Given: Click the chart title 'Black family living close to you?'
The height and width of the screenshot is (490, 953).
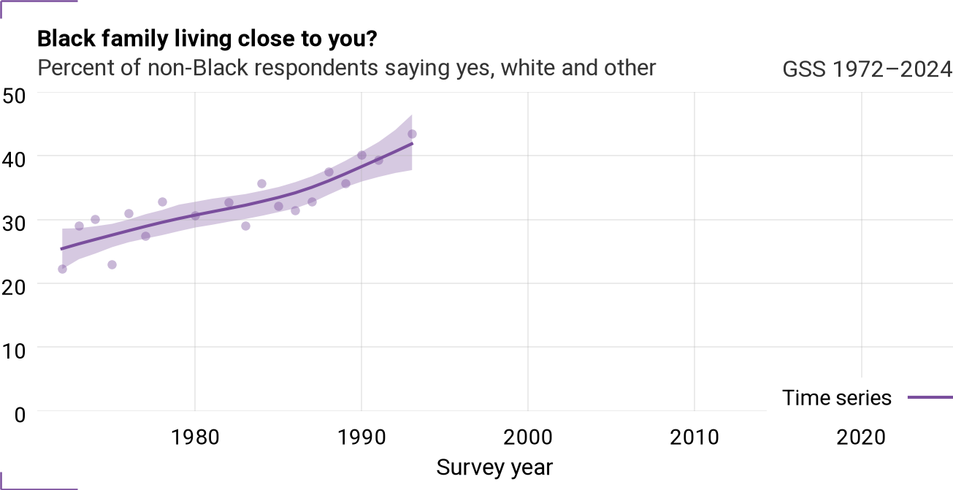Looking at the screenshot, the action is pyautogui.click(x=207, y=39).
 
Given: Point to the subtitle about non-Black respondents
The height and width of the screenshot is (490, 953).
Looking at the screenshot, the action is pyautogui.click(x=347, y=68).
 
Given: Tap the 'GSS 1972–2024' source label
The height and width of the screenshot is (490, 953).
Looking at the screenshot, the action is pyautogui.click(x=867, y=69).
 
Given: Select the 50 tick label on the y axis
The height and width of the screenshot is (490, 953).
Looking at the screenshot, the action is pyautogui.click(x=14, y=96).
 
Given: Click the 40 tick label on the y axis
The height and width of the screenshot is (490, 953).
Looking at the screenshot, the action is pyautogui.click(x=14, y=159).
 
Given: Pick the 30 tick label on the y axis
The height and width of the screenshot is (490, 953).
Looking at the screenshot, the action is pyautogui.click(x=14, y=223).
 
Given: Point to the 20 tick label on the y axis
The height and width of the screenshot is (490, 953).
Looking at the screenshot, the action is pyautogui.click(x=14, y=287).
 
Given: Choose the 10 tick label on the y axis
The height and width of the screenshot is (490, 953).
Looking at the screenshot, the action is pyautogui.click(x=14, y=351).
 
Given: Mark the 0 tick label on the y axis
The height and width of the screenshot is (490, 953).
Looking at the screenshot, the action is pyautogui.click(x=20, y=415).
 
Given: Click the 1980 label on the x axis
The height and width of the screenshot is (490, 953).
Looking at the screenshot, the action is pyautogui.click(x=195, y=437).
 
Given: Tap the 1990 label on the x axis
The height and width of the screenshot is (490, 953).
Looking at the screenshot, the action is pyautogui.click(x=361, y=437).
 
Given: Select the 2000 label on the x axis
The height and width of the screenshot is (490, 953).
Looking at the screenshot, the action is pyautogui.click(x=528, y=437).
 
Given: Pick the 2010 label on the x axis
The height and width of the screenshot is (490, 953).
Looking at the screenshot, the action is pyautogui.click(x=694, y=437).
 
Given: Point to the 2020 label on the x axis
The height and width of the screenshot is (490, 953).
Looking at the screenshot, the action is pyautogui.click(x=861, y=437).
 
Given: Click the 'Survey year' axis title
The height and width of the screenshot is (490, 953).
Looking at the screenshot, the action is pyautogui.click(x=494, y=467).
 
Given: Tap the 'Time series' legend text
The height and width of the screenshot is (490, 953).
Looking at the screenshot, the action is pyautogui.click(x=836, y=398).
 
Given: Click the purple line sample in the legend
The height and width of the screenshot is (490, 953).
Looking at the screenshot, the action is pyautogui.click(x=930, y=398).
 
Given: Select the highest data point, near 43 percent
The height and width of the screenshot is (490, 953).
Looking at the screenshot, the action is pyautogui.click(x=412, y=134).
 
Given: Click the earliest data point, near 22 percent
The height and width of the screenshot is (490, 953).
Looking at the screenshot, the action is pyautogui.click(x=62, y=269).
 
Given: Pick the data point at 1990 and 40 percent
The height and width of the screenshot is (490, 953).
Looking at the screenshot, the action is pyautogui.click(x=361, y=156).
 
